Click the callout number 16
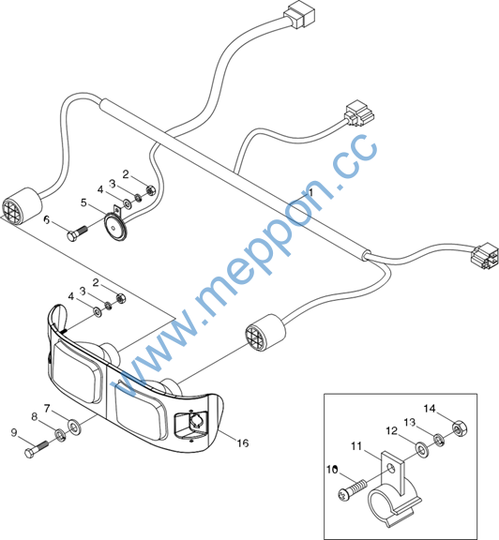pos(243,442)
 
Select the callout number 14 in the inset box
pos(430,409)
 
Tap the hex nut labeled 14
pos(459,428)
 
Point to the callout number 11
pos(356,446)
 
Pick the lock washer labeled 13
pos(438,440)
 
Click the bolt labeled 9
pos(37,449)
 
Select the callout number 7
pos(47,409)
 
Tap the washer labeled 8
pos(61,435)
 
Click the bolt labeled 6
pos(77,232)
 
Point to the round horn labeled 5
pos(115,226)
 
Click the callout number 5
pos(83,202)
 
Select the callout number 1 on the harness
pos(310,192)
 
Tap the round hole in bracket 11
pos(390,468)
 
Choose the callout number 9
pos(14,432)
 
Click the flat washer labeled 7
pos(74,427)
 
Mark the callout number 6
pos(47,219)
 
